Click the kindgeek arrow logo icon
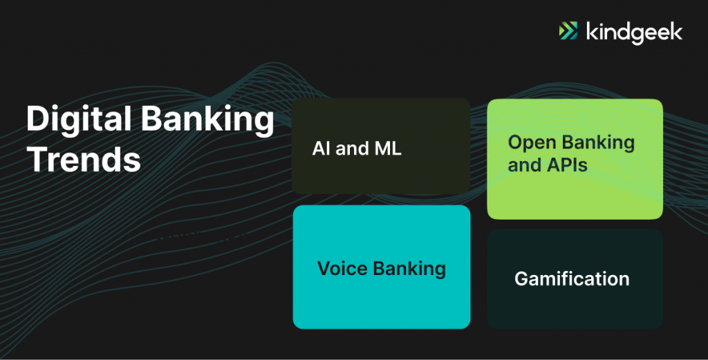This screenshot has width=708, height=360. coord(568,30)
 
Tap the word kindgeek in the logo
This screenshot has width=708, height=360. coord(635,32)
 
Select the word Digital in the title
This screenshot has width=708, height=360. coord(79,119)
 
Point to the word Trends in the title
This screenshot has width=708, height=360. coord(84,160)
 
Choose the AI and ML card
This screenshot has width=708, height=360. coord(381,146)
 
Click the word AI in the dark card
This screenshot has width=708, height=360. coord(322,149)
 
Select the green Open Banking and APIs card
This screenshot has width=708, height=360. coord(575,159)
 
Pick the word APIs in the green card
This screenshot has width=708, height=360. coord(568,165)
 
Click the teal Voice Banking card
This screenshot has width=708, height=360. coord(382,267)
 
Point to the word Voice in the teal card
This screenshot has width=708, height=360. coord(343,268)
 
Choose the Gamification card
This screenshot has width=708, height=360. coord(575,278)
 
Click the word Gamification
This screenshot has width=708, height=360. coord(572,278)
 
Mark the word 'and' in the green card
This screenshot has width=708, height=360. coord(525,165)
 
